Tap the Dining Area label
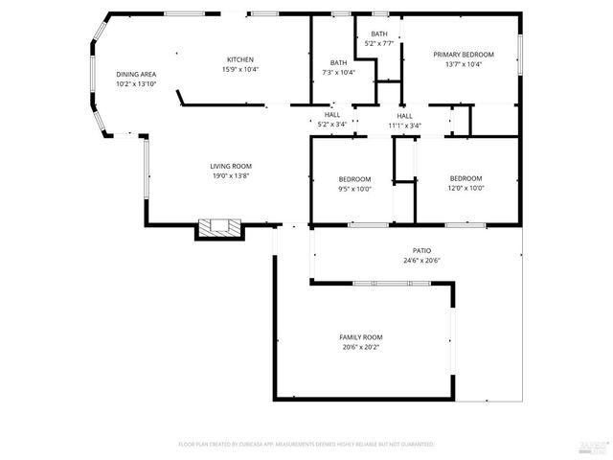click(x=136, y=74)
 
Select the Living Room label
click(x=231, y=167)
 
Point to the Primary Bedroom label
click(x=464, y=55)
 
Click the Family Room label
click(x=361, y=337)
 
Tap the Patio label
click(x=420, y=250)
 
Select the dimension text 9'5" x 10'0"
click(x=354, y=189)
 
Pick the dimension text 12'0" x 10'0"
click(x=465, y=188)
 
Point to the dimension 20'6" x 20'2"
click(x=361, y=348)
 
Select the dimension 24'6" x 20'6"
click(x=420, y=261)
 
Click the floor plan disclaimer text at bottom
click(x=306, y=445)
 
